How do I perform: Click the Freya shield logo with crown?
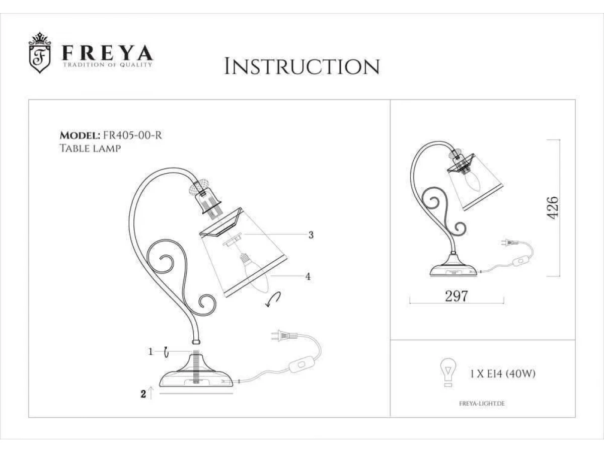[40, 52]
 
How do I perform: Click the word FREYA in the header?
[108, 53]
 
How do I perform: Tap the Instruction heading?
[302, 66]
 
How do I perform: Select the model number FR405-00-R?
[132, 135]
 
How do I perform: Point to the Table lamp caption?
[90, 148]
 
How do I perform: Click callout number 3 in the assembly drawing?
[311, 235]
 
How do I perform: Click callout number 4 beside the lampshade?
[308, 276]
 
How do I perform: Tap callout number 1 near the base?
[150, 351]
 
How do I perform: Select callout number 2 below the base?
[143, 394]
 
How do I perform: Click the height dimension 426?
[553, 208]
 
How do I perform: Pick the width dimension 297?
[456, 296]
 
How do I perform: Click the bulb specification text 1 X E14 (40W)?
[502, 374]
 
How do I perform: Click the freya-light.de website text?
[482, 404]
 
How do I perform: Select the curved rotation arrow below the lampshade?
[273, 299]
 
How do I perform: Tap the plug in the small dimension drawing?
[511, 243]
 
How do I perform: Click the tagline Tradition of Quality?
[108, 65]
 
